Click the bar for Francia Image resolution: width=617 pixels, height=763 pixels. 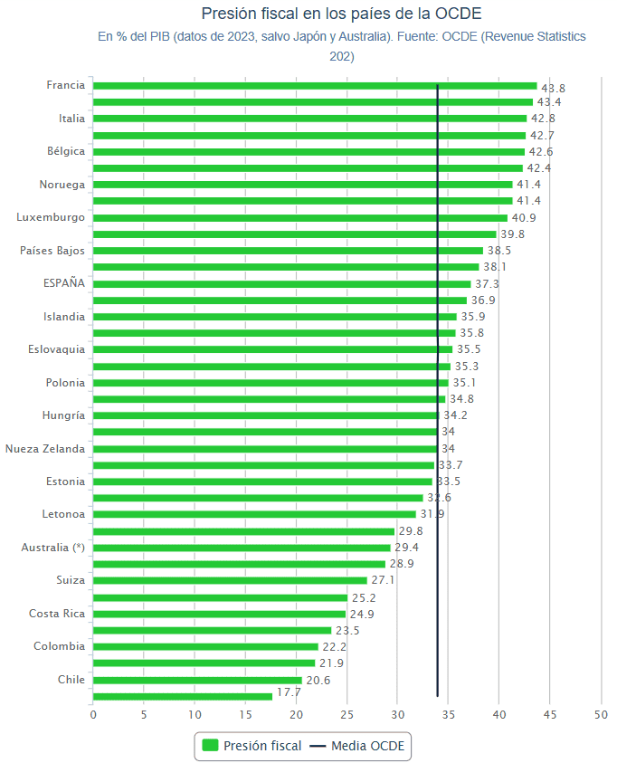click(x=315, y=86)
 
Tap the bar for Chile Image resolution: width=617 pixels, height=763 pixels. click(x=197, y=680)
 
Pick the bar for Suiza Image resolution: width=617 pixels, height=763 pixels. click(x=230, y=580)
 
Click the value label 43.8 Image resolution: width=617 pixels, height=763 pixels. click(x=553, y=89)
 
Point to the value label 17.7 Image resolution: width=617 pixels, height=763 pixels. click(x=289, y=692)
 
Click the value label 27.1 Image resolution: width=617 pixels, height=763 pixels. click(x=383, y=580)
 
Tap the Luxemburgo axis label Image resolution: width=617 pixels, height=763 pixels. click(x=51, y=217)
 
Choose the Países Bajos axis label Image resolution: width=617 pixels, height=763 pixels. click(x=52, y=251)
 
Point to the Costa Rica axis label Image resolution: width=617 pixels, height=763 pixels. click(x=57, y=614)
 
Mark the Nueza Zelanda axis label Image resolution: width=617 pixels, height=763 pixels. click(x=45, y=449)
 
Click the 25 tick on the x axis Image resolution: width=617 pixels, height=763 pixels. click(x=346, y=715)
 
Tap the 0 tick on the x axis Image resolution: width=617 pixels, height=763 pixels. click(x=93, y=715)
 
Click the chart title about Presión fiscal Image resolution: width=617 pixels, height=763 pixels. click(x=341, y=14)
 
